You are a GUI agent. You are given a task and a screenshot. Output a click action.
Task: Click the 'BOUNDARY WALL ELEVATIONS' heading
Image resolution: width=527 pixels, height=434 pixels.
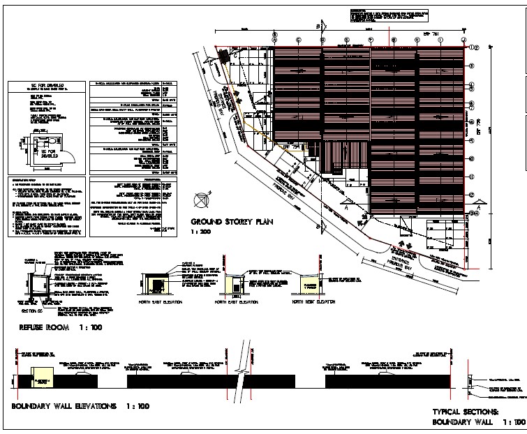pos(60,405)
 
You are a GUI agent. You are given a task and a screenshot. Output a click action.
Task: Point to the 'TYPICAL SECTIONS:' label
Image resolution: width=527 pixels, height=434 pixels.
pos(465,412)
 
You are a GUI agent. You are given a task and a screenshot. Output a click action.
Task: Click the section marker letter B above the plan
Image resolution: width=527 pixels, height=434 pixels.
pos(320,27)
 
